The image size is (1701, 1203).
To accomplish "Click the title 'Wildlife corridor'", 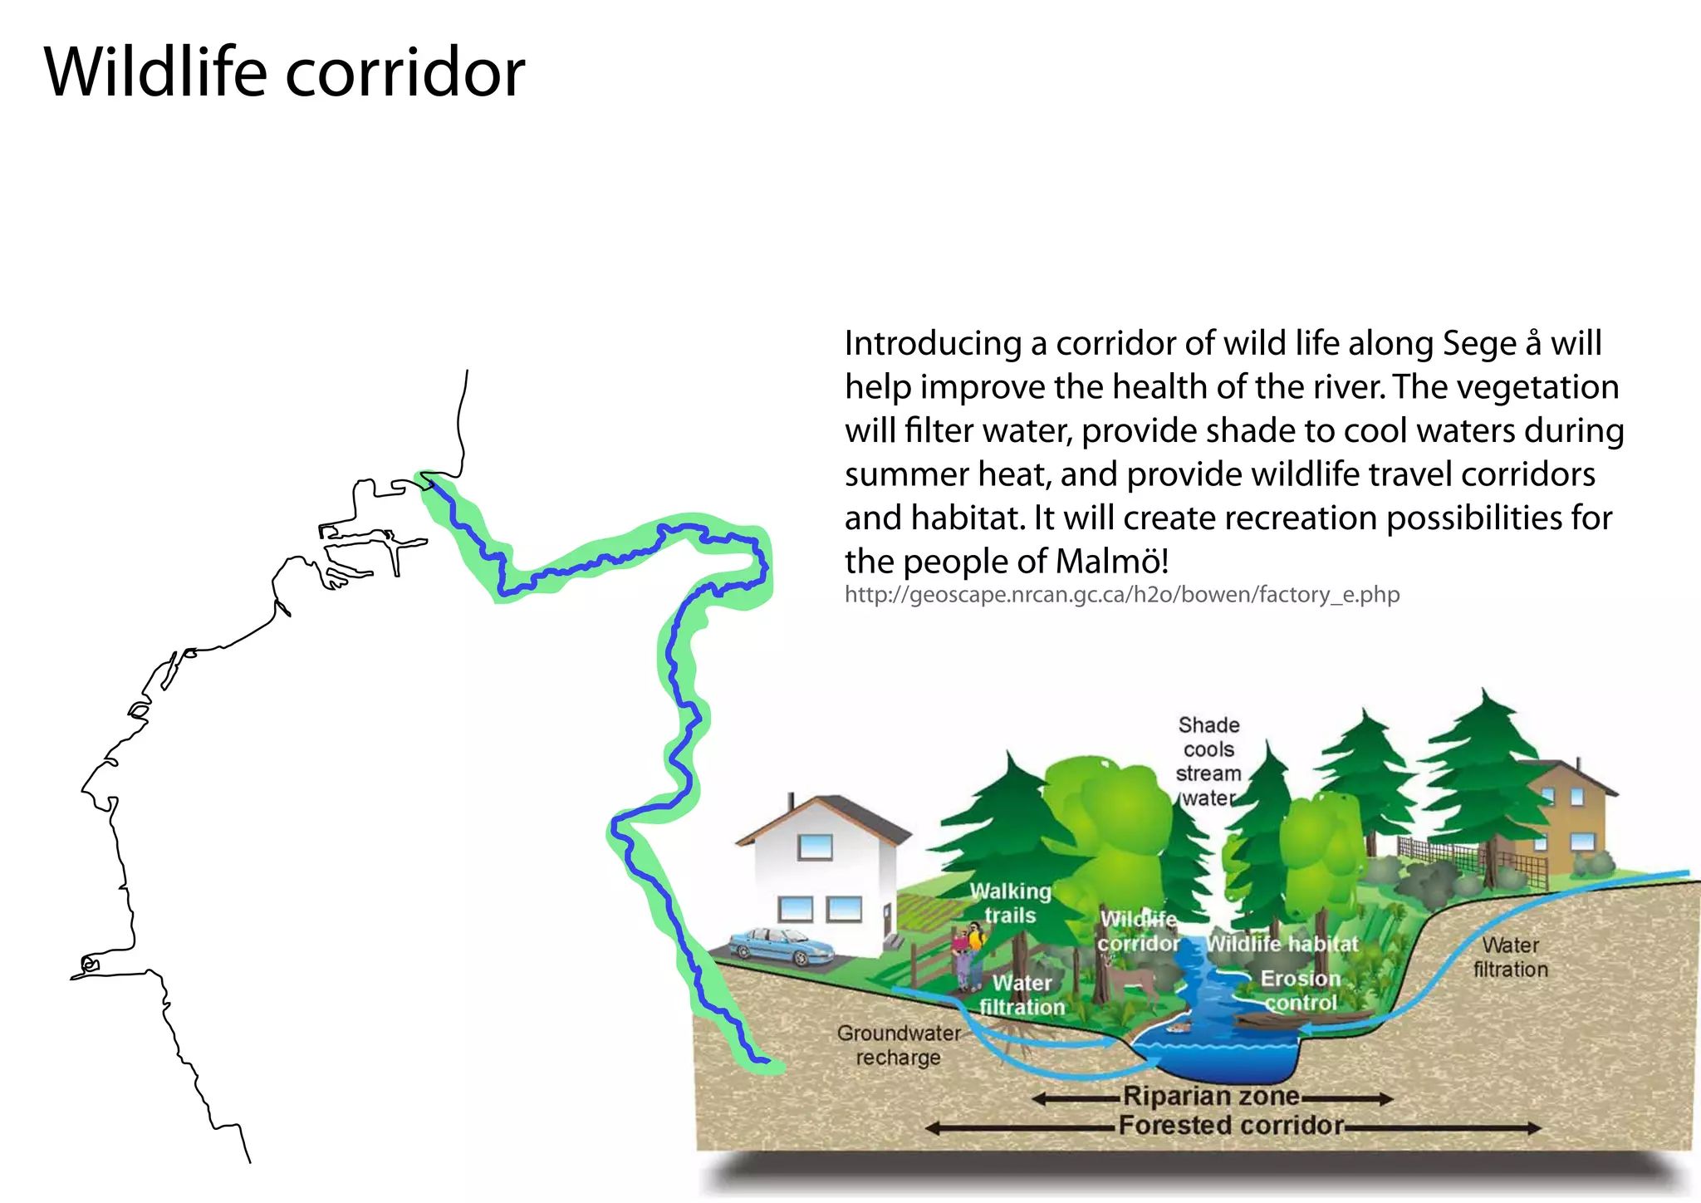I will pos(284,72).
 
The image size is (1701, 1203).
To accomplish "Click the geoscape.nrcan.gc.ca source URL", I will pos(1121,595).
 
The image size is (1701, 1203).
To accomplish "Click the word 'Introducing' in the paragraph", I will pos(933,344).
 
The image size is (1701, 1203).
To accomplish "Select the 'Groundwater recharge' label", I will pos(898,1045).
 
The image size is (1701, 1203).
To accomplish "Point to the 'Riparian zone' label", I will pos(1211,1097).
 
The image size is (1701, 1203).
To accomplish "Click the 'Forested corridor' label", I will pos(1231,1126).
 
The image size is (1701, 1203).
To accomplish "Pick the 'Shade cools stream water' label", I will pos(1208,761).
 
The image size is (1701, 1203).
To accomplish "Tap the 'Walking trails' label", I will pos(1010,903).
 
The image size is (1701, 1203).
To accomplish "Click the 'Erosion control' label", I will pos(1301,990).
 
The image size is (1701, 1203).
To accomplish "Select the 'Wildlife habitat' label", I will pos(1282,944).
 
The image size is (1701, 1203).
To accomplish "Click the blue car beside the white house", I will pos(781,947).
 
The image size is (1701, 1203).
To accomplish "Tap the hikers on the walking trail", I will pos(968,955).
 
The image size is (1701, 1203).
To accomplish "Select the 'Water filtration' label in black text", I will pos(1511,957).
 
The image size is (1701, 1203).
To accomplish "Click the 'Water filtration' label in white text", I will pos(1022,994).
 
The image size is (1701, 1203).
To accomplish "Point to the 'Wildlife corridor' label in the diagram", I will pos(1138,931).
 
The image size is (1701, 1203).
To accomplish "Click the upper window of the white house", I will pos(815,847).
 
